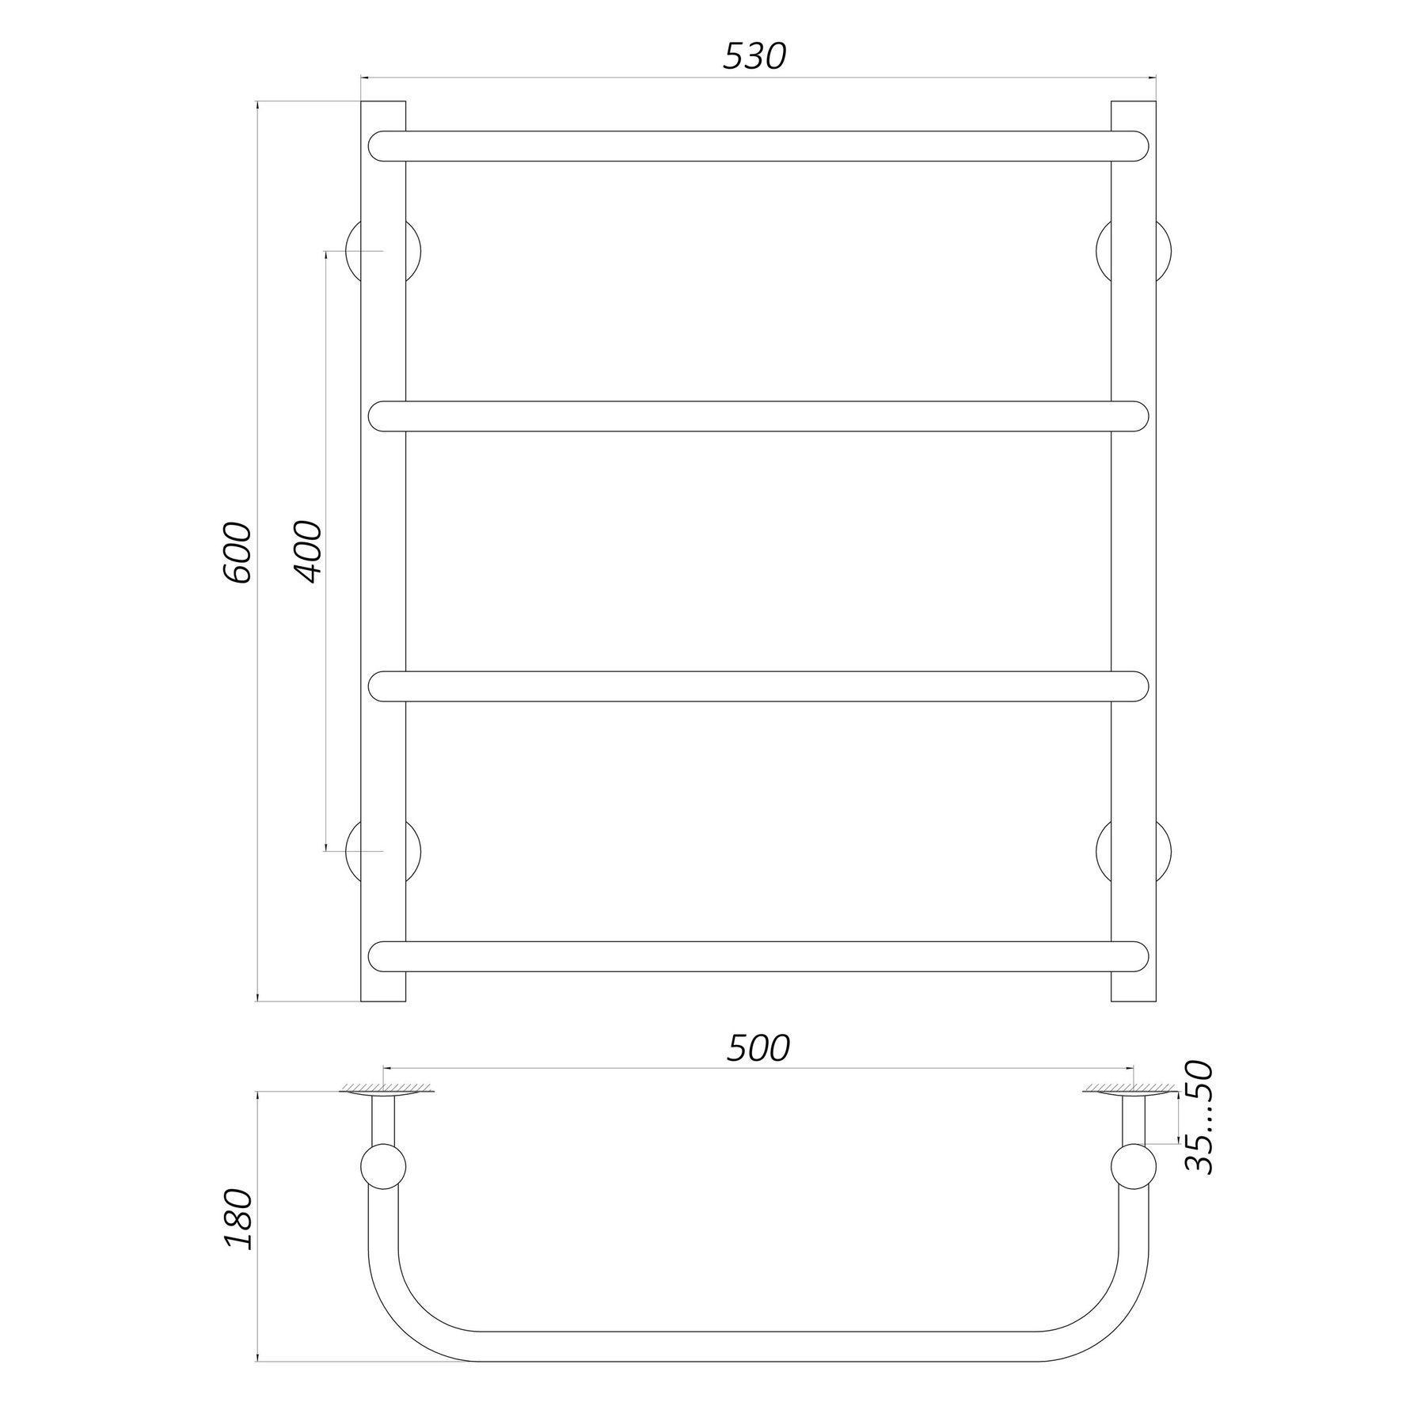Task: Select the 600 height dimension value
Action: (x=237, y=553)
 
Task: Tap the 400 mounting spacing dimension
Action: (x=309, y=551)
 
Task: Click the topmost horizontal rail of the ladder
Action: (x=758, y=146)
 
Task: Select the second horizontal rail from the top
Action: (x=758, y=416)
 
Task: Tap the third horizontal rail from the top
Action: (x=758, y=686)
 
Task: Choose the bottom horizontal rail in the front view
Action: (x=758, y=956)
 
